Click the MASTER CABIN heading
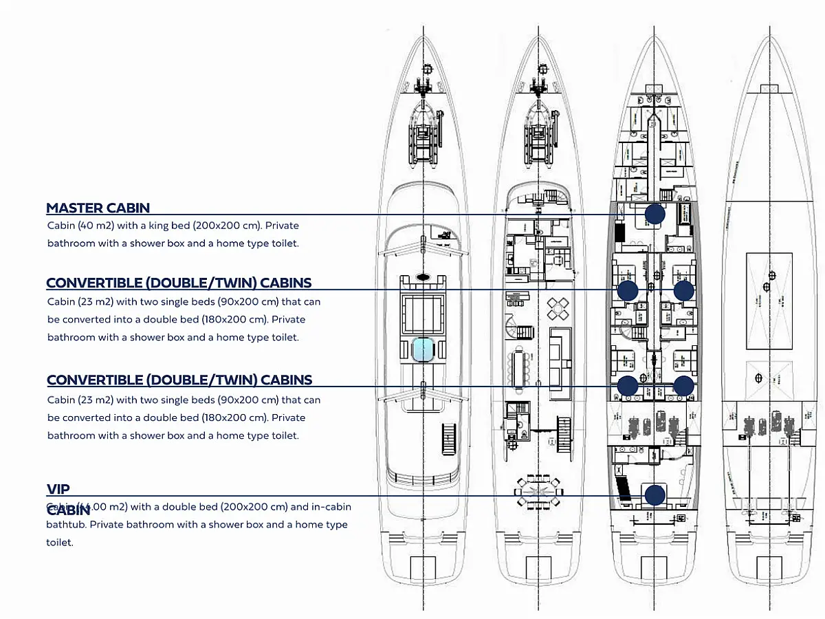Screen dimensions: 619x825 point(98,208)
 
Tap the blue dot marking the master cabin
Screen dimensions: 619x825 point(654,215)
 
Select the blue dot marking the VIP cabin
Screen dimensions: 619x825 point(654,495)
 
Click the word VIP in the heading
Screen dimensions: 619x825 point(58,489)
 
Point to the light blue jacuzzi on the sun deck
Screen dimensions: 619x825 point(423,350)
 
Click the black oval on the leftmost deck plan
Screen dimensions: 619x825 point(423,276)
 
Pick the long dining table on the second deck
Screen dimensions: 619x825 point(518,369)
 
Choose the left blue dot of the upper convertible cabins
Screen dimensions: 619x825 point(628,290)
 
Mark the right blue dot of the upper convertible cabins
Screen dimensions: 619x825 point(683,290)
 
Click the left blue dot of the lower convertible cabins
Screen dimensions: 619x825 point(628,386)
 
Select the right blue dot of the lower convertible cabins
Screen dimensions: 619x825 point(683,386)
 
